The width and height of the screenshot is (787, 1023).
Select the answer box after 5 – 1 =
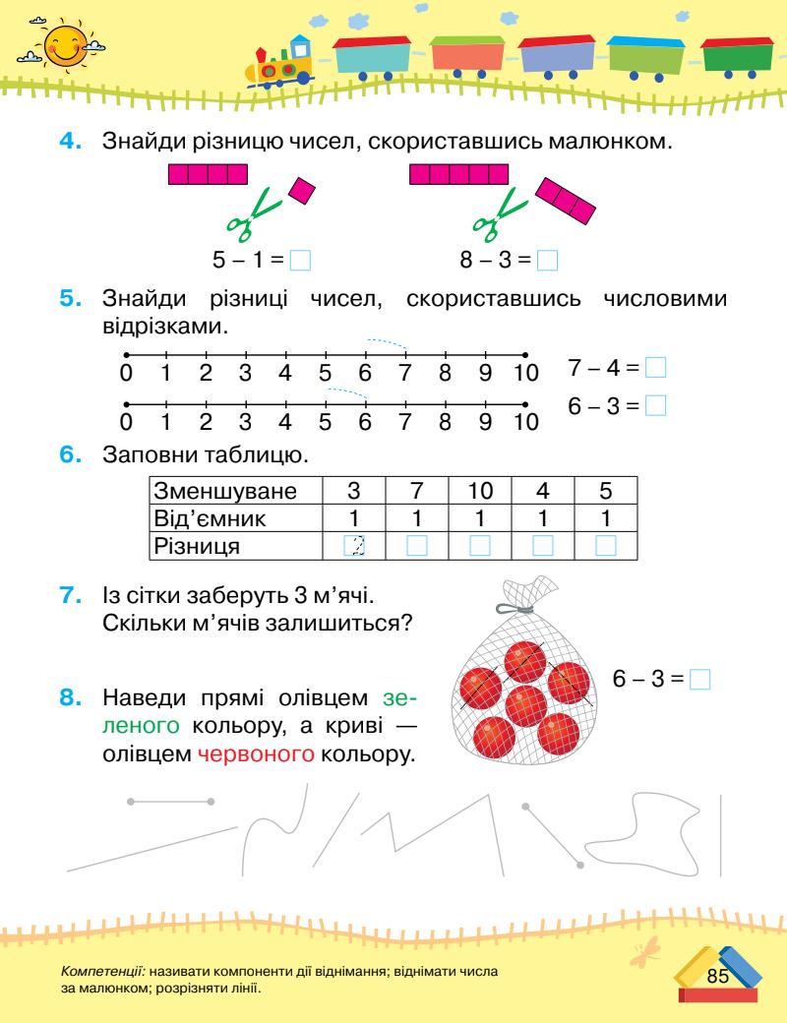302,261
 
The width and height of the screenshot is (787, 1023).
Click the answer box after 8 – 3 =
548,261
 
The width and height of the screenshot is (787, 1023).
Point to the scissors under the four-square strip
254,216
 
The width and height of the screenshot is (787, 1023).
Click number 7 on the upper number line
404,373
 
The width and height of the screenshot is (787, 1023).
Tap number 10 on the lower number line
526,422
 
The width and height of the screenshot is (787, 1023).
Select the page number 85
716,975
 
